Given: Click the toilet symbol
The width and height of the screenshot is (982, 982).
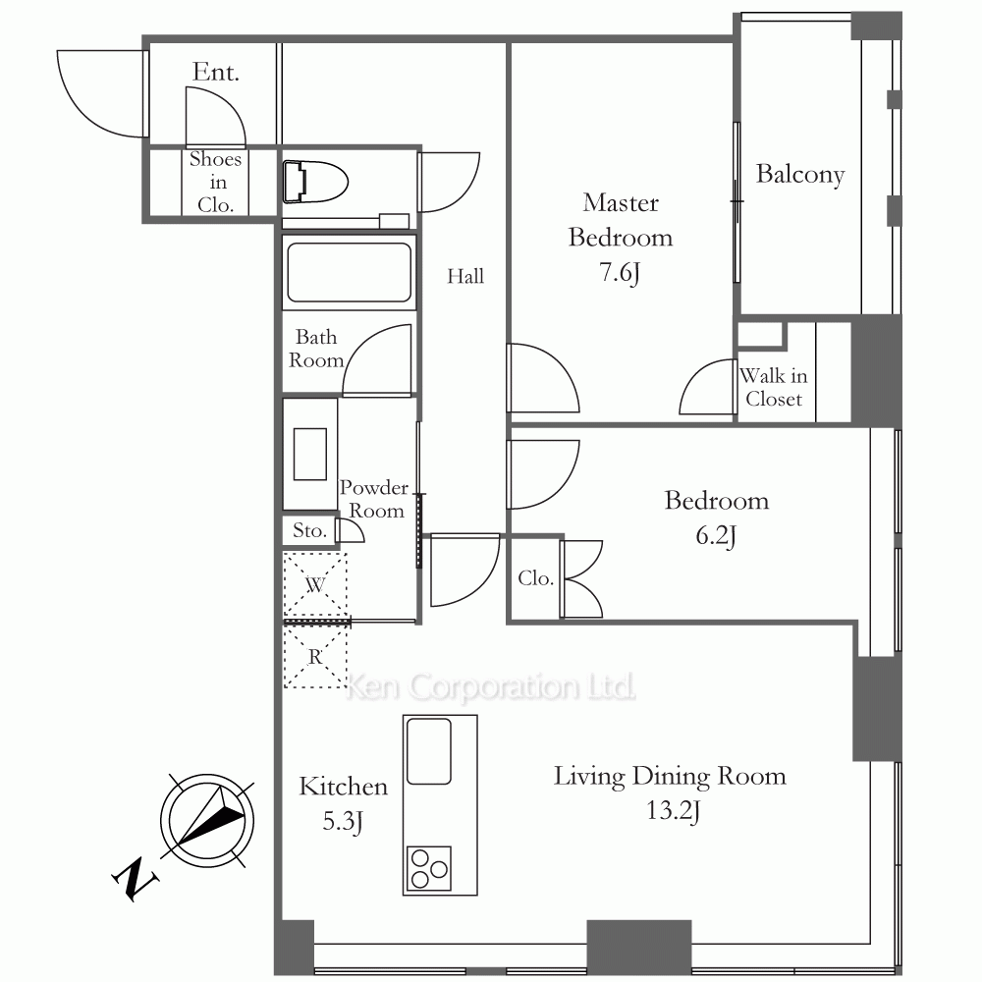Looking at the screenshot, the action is point(315,183).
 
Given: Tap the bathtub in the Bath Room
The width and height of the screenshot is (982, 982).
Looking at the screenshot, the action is point(350,272).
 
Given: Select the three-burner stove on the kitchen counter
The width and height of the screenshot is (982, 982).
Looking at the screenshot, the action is point(429,868).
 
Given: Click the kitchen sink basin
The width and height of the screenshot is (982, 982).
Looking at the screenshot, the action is point(429,751).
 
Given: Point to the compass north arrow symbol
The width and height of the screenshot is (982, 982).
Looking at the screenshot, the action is point(207,820).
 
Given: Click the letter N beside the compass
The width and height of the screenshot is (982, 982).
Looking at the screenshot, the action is point(135,879).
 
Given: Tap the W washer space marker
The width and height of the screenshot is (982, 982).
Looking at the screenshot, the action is point(315,585).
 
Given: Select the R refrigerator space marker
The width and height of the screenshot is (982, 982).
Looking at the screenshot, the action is point(315,657).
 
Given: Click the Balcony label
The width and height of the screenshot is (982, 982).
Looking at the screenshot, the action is point(800,175).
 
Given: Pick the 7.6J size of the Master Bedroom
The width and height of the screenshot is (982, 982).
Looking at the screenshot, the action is point(620,273).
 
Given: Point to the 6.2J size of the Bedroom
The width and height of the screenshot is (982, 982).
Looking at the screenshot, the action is point(716,536).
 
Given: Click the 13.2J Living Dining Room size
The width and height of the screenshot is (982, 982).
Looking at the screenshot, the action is point(673,810).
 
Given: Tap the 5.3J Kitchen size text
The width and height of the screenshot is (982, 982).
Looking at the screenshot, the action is point(343,821).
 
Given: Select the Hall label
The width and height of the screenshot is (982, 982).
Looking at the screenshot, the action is point(465,276).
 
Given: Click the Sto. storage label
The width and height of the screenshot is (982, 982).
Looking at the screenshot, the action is point(309,530).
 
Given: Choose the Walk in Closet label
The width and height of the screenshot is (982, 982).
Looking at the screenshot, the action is point(774,387).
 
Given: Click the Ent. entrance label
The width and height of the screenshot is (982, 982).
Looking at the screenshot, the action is point(215,72).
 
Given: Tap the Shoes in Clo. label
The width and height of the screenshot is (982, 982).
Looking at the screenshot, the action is point(215,182).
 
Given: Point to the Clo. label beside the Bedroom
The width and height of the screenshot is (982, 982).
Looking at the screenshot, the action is point(535,578).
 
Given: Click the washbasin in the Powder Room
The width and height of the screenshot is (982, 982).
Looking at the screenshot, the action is point(310,454).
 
